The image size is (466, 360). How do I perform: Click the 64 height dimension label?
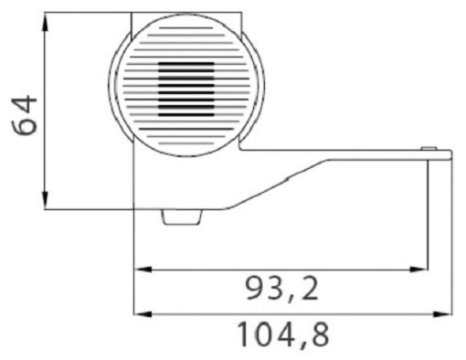pos(25,115)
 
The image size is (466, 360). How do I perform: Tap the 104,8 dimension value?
pos(283,335)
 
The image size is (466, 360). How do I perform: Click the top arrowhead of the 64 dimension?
pos(45,22)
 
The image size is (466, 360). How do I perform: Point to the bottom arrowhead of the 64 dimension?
pos(45,200)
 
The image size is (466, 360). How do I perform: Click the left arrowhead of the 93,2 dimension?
pos(143,270)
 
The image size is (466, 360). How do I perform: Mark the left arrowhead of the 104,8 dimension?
pos(143,314)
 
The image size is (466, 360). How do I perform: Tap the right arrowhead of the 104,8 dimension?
pos(443,314)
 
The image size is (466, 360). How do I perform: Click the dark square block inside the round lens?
pos(186,90)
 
